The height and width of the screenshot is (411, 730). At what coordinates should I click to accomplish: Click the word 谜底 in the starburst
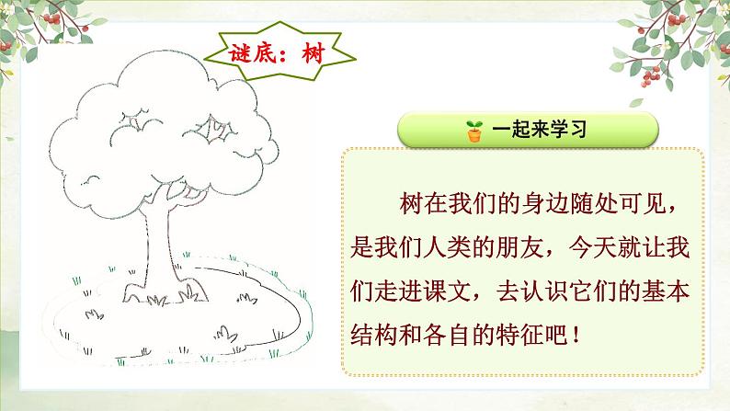pyautogui.click(x=250, y=51)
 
